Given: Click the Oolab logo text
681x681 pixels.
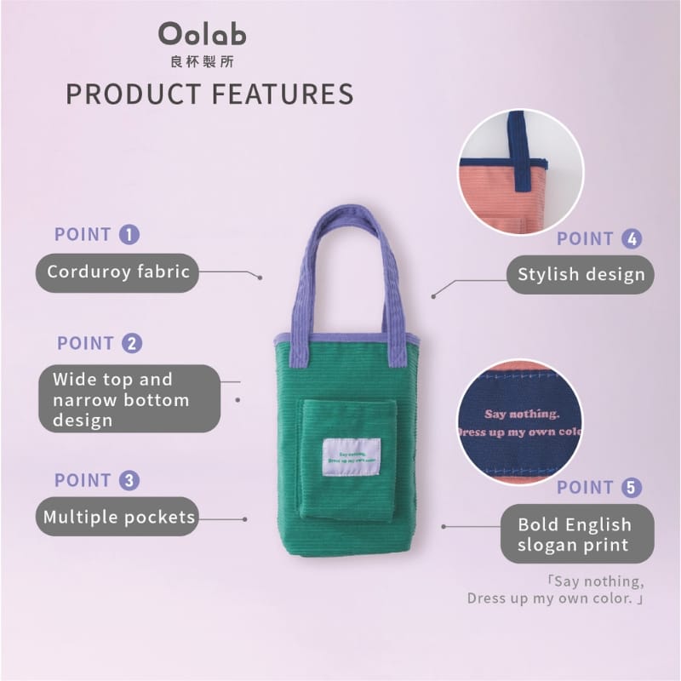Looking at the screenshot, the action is [x=203, y=34].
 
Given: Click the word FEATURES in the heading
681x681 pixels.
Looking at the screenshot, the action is [x=283, y=94].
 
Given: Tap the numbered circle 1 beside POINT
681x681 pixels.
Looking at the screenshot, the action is [x=129, y=235].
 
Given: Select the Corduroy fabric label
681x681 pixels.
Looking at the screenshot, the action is [x=117, y=272].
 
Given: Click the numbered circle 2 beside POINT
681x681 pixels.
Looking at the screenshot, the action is [x=132, y=343].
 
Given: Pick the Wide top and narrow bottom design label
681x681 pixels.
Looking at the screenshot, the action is [x=129, y=398].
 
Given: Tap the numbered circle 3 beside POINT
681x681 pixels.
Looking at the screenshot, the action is [x=129, y=480].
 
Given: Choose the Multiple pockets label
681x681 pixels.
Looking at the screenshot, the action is [x=117, y=517].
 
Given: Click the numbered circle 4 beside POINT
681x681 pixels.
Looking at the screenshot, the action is [x=632, y=239].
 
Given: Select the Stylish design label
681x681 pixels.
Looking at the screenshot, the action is [x=581, y=274].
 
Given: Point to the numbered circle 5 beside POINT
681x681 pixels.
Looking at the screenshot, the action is [x=632, y=487].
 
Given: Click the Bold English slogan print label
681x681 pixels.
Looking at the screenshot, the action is [x=577, y=534].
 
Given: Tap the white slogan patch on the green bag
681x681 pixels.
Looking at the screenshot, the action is [x=352, y=457].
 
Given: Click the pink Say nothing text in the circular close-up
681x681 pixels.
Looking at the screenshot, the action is [x=522, y=414].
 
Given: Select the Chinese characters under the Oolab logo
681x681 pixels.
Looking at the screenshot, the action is [x=203, y=61].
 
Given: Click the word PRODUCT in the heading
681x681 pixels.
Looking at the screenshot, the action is [x=134, y=94].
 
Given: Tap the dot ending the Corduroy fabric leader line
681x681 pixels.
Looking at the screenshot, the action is [x=260, y=278].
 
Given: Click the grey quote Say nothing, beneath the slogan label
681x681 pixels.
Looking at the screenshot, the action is [x=595, y=581].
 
